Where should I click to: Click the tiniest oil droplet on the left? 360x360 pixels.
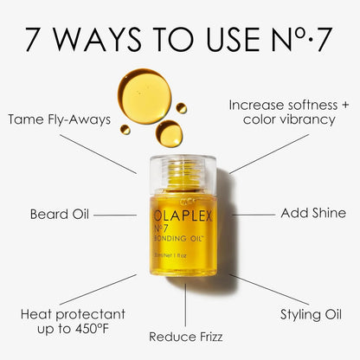point(125,130)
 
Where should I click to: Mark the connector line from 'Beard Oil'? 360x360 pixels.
point(114,213)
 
